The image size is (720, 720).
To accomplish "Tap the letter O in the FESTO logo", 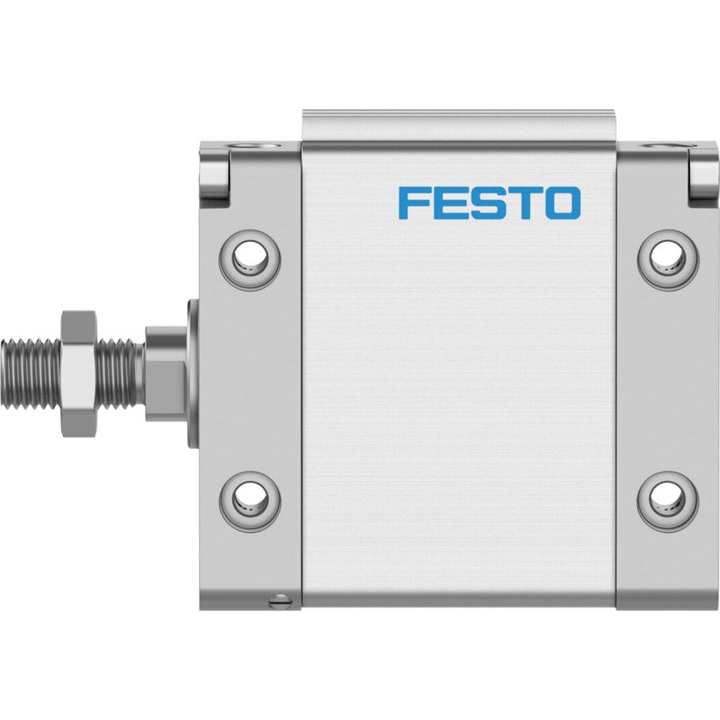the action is (562, 202).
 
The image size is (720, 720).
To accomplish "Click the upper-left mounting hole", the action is (249, 259).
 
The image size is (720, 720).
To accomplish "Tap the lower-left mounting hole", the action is (249, 501).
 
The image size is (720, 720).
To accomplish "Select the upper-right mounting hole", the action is (669, 259).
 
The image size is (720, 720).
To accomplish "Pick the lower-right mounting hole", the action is (669, 501).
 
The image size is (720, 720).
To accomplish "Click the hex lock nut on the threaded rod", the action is (79, 373).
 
